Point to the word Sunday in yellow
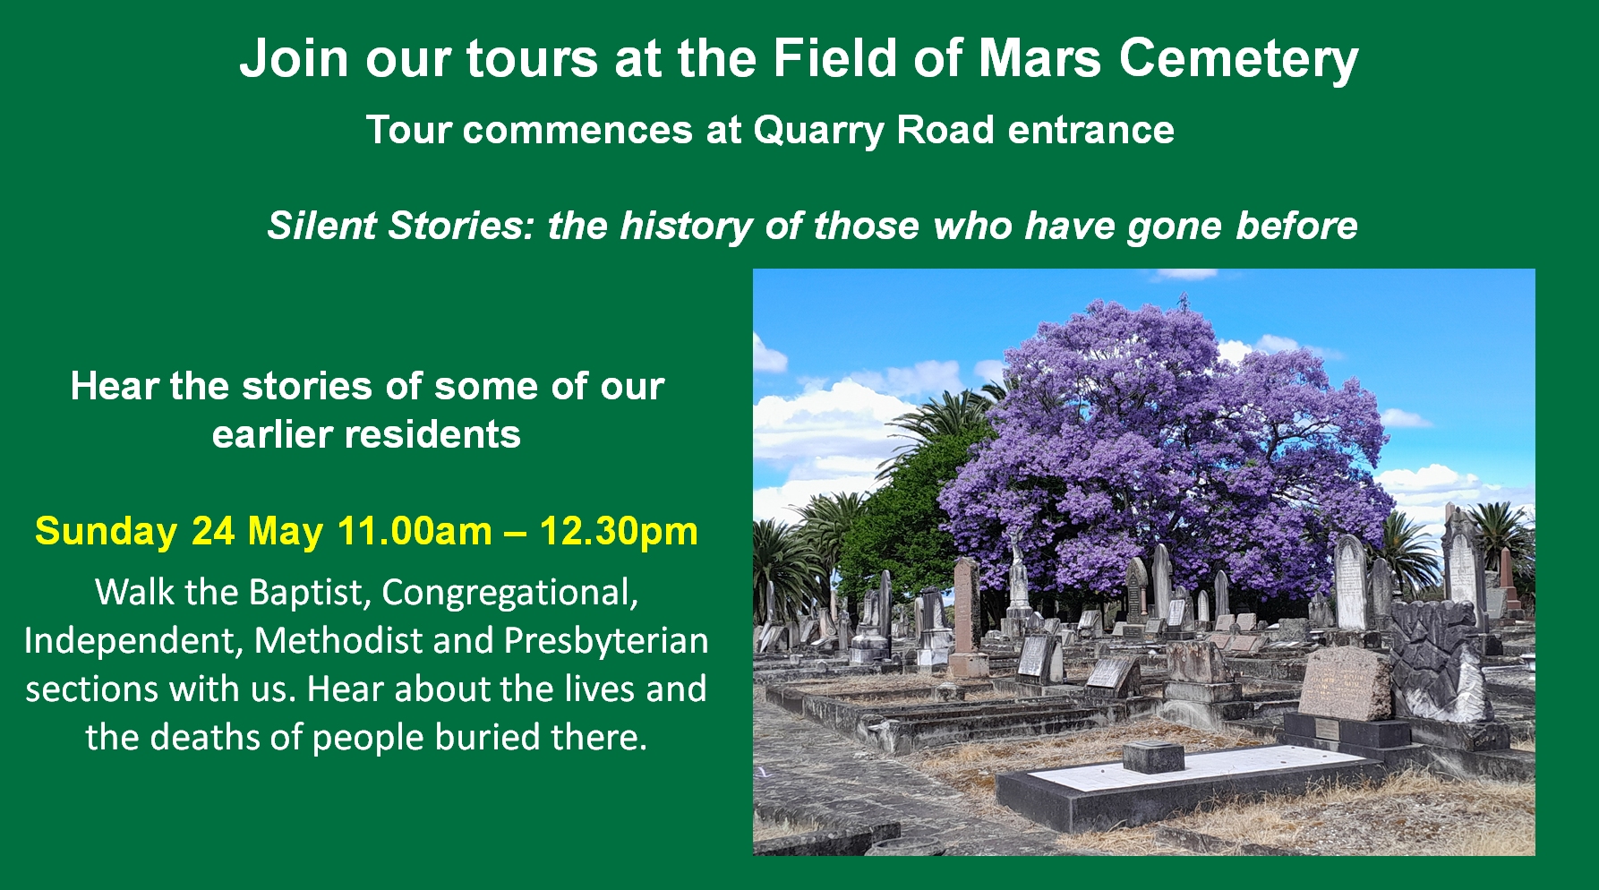pyautogui.click(x=106, y=532)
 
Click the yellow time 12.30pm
pyautogui.click(x=619, y=532)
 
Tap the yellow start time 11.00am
pyautogui.click(x=415, y=531)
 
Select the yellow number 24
pyautogui.click(x=213, y=531)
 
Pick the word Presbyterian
pyautogui.click(x=606, y=642)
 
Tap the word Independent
pyautogui.click(x=133, y=642)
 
